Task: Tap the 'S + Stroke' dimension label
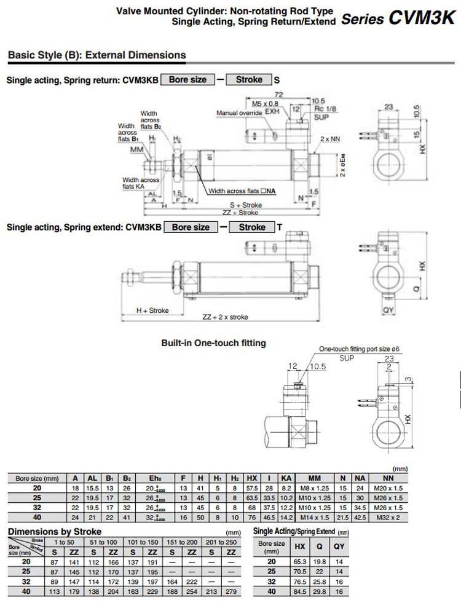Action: click(246, 205)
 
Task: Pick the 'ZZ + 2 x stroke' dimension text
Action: click(225, 317)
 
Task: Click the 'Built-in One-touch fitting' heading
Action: click(213, 343)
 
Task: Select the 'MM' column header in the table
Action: click(315, 478)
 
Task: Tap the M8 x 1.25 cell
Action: click(315, 487)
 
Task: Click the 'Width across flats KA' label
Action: click(141, 183)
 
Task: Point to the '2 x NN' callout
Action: click(329, 139)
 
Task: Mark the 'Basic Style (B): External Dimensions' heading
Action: click(97, 55)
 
